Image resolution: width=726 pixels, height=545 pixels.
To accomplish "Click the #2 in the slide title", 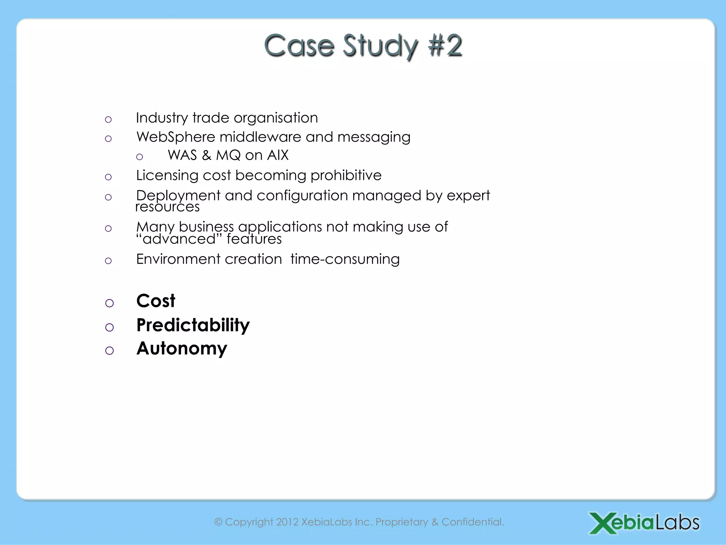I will pos(445,45).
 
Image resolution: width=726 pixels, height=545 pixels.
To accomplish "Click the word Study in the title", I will pos(380,46).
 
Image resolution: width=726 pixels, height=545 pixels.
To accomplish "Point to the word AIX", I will pos(278,155).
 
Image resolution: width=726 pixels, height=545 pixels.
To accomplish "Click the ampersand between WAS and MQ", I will pos(206,155).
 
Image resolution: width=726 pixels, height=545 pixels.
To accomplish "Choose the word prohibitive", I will pos(346,175).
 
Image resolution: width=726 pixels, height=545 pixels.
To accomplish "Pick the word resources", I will pos(167,207).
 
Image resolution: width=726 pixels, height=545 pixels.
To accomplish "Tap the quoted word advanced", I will pos(179,239).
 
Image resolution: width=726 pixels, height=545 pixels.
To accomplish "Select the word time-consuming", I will pos(345,259).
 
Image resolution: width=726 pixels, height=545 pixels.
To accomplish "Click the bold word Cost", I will pos(156,301).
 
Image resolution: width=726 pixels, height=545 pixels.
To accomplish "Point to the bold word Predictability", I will pos(193,325).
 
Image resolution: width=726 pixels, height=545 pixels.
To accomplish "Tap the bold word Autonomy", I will pos(181,348).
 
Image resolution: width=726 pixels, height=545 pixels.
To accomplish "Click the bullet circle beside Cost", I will pos(110,303).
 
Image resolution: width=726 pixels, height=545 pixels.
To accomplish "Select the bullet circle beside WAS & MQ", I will pos(140,157).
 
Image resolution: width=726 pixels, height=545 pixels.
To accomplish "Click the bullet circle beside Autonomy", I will pos(110,351).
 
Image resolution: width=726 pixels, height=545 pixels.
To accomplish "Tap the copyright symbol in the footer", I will pos(218,522).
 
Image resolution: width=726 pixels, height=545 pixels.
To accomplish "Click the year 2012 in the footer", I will pos(287,522).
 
